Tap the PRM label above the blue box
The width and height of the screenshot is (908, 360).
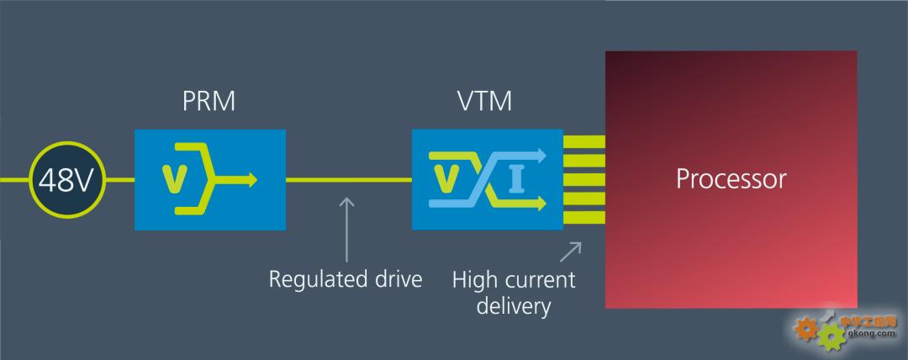(x=209, y=103)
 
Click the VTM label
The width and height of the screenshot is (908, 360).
(x=483, y=103)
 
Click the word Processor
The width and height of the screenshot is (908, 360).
(x=731, y=179)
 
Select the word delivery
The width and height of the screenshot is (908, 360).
(x=514, y=305)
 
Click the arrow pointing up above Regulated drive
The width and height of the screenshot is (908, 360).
(x=346, y=227)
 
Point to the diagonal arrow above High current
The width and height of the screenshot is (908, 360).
(x=572, y=251)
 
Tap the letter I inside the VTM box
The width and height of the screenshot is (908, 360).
(x=516, y=179)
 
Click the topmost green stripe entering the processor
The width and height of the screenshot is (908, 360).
(x=584, y=141)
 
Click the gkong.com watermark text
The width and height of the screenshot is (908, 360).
(x=866, y=333)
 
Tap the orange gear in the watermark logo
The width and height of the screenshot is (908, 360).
(x=805, y=328)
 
